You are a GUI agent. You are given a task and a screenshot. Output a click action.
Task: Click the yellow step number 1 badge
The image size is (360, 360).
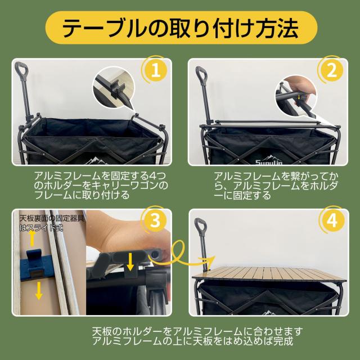click(x=156, y=70)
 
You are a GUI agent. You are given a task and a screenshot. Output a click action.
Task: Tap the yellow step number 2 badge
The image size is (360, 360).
click(x=331, y=70)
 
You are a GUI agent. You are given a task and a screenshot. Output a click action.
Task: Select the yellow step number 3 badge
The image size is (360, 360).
click(x=155, y=220)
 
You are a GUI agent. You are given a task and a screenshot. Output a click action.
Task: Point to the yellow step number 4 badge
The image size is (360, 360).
click(x=332, y=220)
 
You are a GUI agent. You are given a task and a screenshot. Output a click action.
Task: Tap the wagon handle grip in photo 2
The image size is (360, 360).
click(x=201, y=73)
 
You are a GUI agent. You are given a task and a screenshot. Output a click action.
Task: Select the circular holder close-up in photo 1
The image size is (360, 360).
click(x=114, y=88)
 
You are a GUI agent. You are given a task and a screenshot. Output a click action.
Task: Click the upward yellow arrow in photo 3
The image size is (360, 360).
click(x=33, y=237)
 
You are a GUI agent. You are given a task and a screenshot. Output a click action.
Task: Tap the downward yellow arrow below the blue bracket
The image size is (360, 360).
click(x=39, y=290)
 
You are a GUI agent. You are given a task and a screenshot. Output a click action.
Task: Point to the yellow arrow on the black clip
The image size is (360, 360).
click(x=130, y=262)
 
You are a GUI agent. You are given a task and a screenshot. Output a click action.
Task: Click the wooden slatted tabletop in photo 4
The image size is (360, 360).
click(x=269, y=274)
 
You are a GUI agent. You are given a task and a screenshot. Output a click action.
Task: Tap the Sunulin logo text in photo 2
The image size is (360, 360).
click(x=269, y=163)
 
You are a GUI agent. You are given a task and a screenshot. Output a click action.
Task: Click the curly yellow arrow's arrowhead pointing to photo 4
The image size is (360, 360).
click(x=210, y=259)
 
